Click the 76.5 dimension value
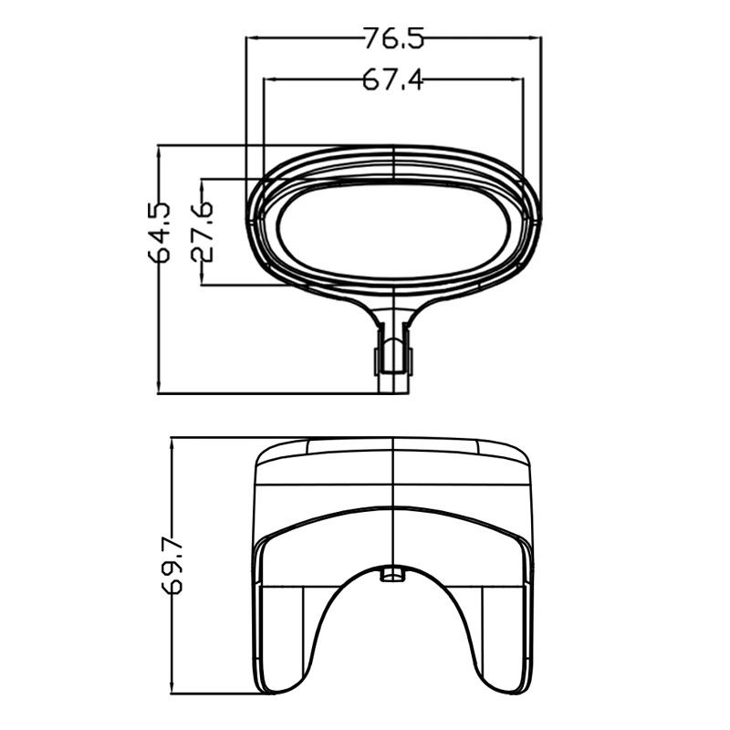[394, 38]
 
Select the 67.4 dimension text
[393, 79]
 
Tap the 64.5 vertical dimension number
[159, 232]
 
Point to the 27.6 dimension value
[202, 232]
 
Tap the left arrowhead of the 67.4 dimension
[271, 79]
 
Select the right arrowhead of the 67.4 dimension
[516, 79]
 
